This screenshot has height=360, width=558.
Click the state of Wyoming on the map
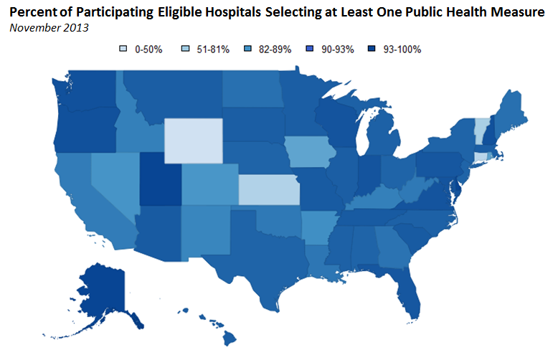[x=194, y=141]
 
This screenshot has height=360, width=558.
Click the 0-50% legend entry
[x=143, y=49]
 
